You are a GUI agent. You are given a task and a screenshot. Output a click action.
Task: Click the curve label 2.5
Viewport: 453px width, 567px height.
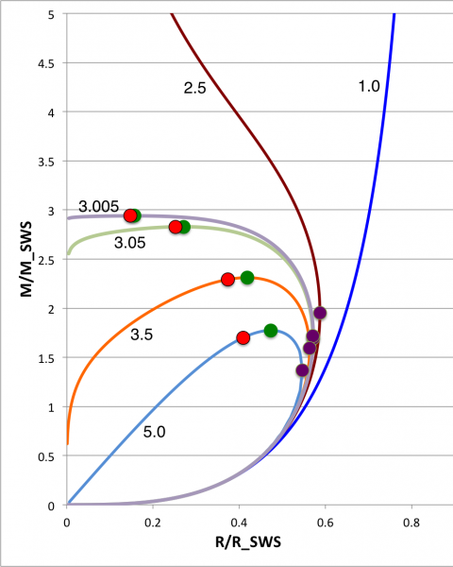pyautogui.click(x=195, y=87)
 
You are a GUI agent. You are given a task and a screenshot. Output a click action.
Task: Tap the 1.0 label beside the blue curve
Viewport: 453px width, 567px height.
pyautogui.click(x=369, y=86)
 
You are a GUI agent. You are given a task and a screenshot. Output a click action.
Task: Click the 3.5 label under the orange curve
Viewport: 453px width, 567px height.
pyautogui.click(x=142, y=335)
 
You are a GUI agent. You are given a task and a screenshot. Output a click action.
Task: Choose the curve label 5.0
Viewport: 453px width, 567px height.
pyautogui.click(x=156, y=431)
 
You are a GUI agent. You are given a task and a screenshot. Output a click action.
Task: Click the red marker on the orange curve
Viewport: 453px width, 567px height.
pyautogui.click(x=227, y=280)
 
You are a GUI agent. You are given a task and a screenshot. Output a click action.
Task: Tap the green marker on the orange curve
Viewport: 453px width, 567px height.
pyautogui.click(x=247, y=278)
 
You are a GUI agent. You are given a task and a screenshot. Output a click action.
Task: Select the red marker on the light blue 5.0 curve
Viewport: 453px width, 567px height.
pyautogui.click(x=243, y=337)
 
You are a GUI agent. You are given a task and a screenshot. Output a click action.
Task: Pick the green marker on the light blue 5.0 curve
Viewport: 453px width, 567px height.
pyautogui.click(x=271, y=331)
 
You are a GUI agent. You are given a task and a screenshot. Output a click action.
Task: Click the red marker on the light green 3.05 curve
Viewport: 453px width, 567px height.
pyautogui.click(x=176, y=227)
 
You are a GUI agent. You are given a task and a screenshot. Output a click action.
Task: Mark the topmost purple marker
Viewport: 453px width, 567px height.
pyautogui.click(x=320, y=313)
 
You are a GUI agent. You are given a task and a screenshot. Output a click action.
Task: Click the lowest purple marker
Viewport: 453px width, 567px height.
pyautogui.click(x=302, y=370)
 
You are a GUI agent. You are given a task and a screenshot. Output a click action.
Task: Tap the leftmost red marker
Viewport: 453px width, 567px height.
pyautogui.click(x=130, y=215)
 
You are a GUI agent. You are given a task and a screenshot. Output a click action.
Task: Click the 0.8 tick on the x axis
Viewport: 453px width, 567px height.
pyautogui.click(x=411, y=521)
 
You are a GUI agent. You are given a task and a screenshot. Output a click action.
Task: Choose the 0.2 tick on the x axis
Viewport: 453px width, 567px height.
pyautogui.click(x=152, y=521)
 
